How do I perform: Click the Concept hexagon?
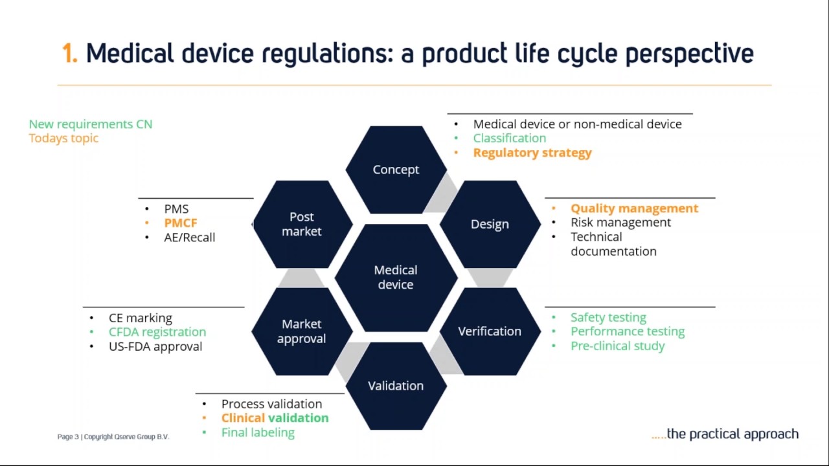tap(396, 170)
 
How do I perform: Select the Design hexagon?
tap(490, 224)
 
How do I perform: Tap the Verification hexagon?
tap(490, 331)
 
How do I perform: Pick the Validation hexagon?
tap(396, 386)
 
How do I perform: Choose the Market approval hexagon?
tap(302, 331)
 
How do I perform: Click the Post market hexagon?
tap(302, 224)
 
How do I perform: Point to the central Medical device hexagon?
tap(396, 277)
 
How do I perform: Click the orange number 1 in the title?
tap(69, 54)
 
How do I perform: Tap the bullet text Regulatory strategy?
tap(532, 153)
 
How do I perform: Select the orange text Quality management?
tap(634, 208)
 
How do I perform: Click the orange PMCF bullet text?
tap(180, 223)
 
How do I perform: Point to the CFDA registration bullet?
tap(157, 332)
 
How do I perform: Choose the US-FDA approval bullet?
tap(155, 346)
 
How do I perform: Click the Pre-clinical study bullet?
tap(617, 346)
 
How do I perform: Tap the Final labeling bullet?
tap(258, 432)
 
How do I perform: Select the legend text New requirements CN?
tap(91, 124)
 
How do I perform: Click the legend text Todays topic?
tap(63, 138)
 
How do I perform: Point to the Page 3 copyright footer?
tap(113, 437)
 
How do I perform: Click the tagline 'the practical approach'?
tap(732, 434)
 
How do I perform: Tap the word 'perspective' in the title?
tap(689, 54)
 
